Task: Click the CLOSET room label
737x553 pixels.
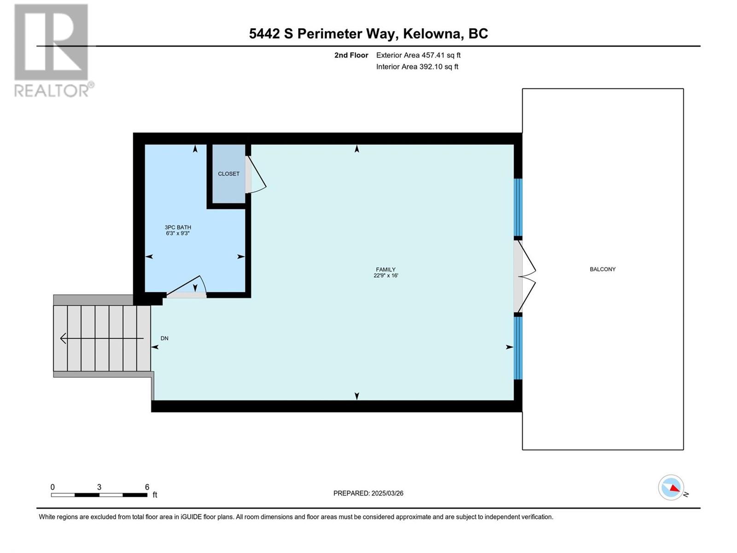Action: point(228,174)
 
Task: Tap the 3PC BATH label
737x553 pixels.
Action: point(178,227)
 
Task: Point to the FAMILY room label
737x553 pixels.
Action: point(386,269)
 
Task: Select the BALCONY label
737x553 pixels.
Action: point(602,269)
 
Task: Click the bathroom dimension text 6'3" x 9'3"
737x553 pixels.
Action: point(178,233)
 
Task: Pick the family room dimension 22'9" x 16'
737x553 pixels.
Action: point(386,275)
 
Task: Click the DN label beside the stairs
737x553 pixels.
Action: point(164,338)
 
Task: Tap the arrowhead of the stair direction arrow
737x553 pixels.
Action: point(63,338)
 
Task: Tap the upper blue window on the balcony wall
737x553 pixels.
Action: point(518,207)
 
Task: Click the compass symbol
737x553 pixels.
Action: point(671,488)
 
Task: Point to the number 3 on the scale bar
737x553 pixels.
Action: point(99,487)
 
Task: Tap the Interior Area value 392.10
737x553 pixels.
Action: point(430,66)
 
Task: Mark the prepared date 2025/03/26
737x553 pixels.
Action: point(387,493)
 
